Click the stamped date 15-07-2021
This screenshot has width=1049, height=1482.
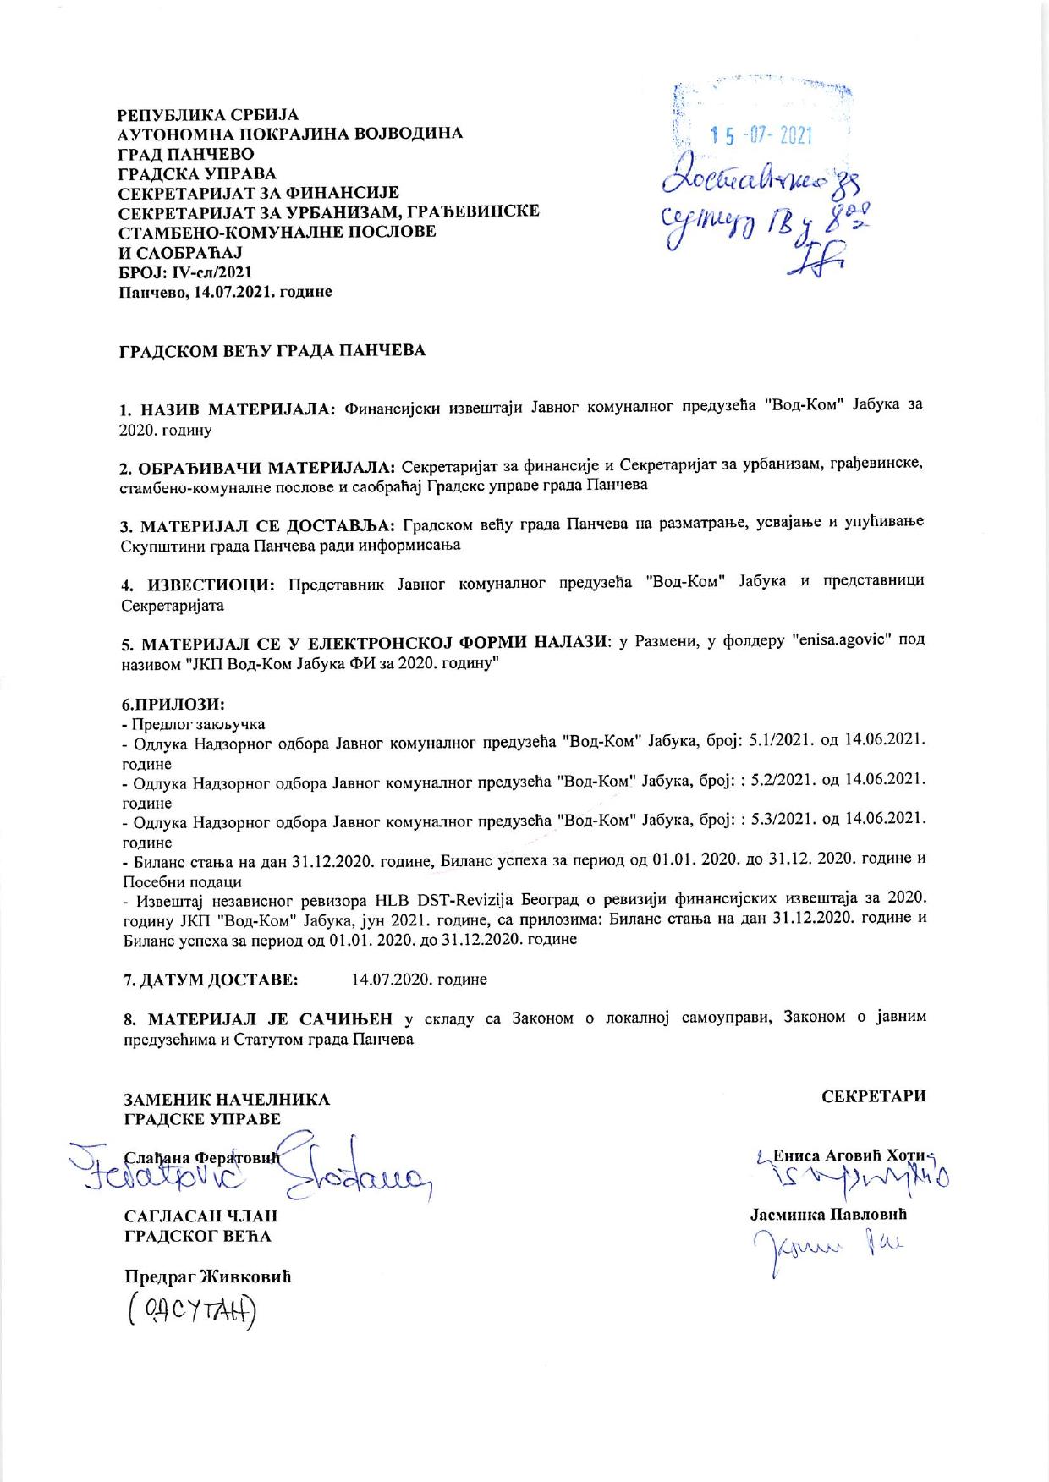tap(761, 135)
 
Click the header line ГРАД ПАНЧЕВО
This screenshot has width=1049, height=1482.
tap(185, 154)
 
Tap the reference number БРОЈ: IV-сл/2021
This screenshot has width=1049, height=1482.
tap(184, 272)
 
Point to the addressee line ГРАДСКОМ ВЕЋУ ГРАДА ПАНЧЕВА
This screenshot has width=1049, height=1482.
tap(271, 350)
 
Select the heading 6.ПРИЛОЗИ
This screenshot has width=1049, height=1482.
tap(173, 704)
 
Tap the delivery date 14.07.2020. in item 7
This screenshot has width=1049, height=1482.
tap(419, 979)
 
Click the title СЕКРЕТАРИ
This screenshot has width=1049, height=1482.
tap(874, 1095)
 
